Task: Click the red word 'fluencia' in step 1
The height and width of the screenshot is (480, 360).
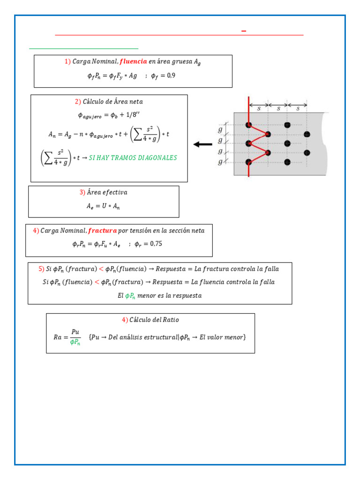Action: click(134, 61)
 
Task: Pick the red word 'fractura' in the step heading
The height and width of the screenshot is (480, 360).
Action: click(102, 231)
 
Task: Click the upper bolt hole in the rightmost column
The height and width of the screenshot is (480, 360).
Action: click(307, 134)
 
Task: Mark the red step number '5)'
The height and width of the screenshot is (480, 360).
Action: click(41, 269)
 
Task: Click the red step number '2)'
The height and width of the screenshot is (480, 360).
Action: click(78, 102)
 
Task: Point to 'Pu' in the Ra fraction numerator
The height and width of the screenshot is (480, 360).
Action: click(75, 332)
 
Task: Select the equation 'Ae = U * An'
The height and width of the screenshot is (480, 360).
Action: click(104, 206)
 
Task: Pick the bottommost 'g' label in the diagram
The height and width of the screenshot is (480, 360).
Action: click(221, 162)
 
